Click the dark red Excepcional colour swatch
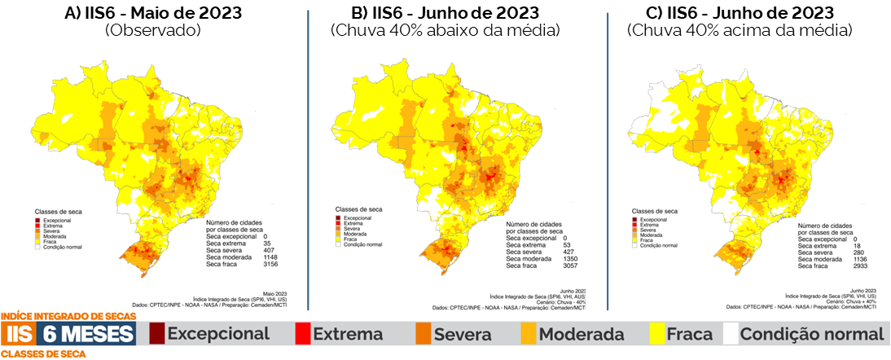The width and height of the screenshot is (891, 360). pos(156,333)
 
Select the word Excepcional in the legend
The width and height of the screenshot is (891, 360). pos(218,333)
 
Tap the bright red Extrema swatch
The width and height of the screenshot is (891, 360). pos(302,333)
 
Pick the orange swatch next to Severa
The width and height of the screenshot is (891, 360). pos(424,333)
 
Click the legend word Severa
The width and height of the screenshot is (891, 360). pos(463,334)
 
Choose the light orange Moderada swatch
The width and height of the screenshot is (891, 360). pos(529,333)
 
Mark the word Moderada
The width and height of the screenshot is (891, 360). pos(582,334)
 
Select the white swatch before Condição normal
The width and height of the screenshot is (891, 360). pos(730,333)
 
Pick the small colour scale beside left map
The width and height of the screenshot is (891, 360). pos(37,233)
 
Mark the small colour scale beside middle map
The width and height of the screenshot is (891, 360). pos(337,230)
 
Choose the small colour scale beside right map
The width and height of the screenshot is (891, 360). pos(634,231)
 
